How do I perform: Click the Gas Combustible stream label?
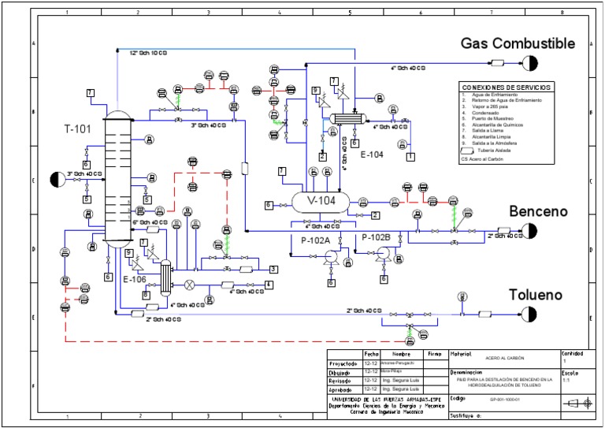pos(518,43)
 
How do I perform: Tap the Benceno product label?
pos(538,212)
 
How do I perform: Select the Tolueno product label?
pos(535,294)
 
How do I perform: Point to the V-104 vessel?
pos(321,201)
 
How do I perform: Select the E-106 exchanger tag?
pos(135,278)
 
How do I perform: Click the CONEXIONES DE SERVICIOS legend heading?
pos(507,87)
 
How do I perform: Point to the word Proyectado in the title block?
pos(343,363)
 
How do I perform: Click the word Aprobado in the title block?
pos(342,389)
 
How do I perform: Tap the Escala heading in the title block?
pos(570,373)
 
